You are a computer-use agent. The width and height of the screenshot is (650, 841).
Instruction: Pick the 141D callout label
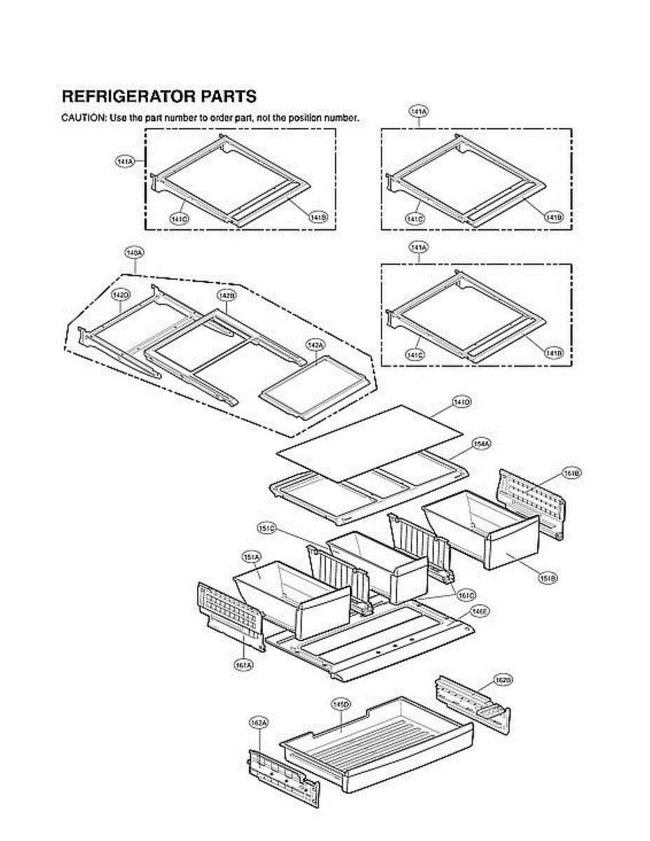point(461,402)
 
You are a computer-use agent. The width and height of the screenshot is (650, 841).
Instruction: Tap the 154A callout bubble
point(481,444)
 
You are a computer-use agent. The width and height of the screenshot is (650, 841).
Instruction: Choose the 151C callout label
point(266,528)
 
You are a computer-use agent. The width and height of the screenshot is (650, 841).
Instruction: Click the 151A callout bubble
point(251,556)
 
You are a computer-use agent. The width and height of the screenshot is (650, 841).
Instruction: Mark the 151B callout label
point(547,579)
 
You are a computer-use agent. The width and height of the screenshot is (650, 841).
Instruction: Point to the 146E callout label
point(480,612)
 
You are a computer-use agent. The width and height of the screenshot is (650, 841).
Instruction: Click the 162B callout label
point(503,680)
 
